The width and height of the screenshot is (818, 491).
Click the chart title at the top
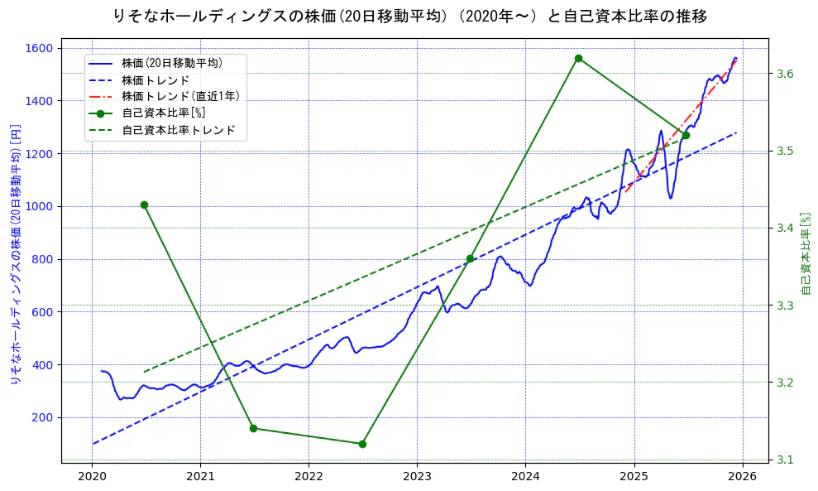click(409, 16)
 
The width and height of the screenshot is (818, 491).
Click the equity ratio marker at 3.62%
click(578, 58)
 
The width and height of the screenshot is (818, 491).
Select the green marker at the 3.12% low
click(362, 444)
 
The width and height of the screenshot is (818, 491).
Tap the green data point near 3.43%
click(144, 205)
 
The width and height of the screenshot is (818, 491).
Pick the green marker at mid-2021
click(253, 428)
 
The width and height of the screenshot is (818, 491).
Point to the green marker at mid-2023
click(470, 259)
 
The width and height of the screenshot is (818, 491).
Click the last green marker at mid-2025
click(686, 135)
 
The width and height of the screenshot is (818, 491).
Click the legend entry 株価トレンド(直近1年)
click(180, 96)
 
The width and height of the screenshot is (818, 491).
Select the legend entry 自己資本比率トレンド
click(178, 130)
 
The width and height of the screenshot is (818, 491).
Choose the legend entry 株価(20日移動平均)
click(171, 62)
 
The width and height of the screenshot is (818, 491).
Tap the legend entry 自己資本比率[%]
click(163, 113)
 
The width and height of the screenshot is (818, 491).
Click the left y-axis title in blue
click(15, 254)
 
